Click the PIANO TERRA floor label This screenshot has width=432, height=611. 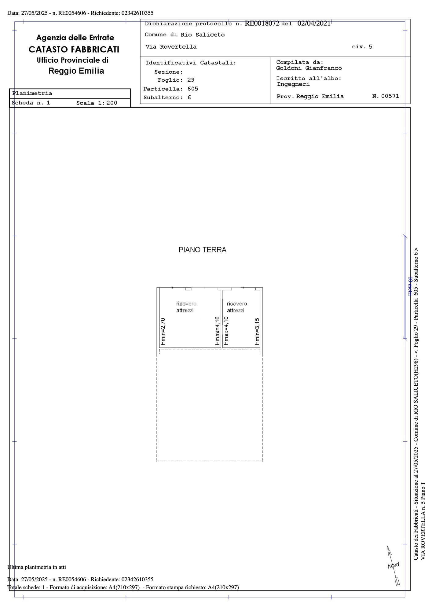click(x=202, y=250)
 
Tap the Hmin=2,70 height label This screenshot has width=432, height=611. click(x=163, y=332)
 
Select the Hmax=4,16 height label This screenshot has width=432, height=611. click(x=218, y=331)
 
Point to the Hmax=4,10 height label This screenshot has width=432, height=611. click(x=226, y=331)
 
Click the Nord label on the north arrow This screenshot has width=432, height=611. click(x=394, y=565)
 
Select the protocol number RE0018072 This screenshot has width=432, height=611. click(x=262, y=24)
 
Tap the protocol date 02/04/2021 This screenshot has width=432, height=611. click(x=314, y=24)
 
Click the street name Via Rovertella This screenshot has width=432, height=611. click(x=171, y=47)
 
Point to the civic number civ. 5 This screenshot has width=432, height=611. click(x=362, y=47)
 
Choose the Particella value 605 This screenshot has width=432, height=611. click(x=193, y=89)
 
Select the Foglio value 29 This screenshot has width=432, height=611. click(x=191, y=80)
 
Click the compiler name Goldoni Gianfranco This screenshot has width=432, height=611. click(x=309, y=68)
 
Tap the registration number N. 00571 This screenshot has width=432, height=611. click(x=386, y=96)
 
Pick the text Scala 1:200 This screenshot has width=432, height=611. click(x=97, y=103)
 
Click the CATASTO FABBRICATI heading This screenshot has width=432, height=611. click(x=74, y=49)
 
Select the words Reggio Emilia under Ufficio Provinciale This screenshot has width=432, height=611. click(x=76, y=71)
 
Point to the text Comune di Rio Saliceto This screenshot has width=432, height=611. click(x=185, y=35)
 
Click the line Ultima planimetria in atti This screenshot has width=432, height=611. click(x=37, y=567)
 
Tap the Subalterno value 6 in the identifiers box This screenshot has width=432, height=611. click(x=189, y=98)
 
